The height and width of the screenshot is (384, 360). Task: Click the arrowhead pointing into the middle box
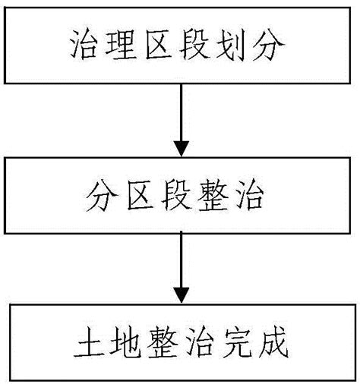click(x=180, y=146)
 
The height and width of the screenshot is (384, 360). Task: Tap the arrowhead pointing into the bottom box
click(x=180, y=293)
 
